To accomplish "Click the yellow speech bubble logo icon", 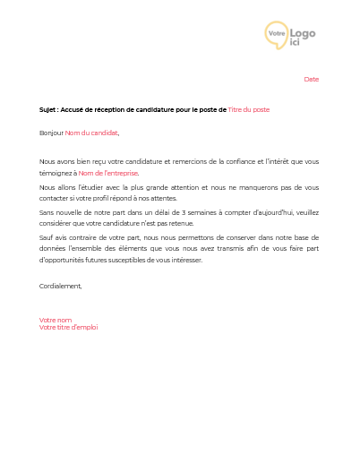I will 277,35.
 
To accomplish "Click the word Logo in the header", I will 302,32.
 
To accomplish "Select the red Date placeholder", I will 311,80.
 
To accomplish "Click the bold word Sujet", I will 47,109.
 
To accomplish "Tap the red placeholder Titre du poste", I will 248,109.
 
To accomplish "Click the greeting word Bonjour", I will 51,133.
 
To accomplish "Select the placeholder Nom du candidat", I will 90,133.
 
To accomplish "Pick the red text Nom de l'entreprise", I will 108,173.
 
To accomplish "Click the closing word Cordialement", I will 60,286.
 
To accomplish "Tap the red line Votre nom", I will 56,320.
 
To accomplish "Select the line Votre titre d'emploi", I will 69,327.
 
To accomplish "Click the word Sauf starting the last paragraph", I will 47,237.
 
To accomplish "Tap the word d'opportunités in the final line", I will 62,260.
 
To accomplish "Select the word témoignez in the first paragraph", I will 56,173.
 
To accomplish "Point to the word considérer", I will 56,223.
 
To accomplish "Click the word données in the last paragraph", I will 54,248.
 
